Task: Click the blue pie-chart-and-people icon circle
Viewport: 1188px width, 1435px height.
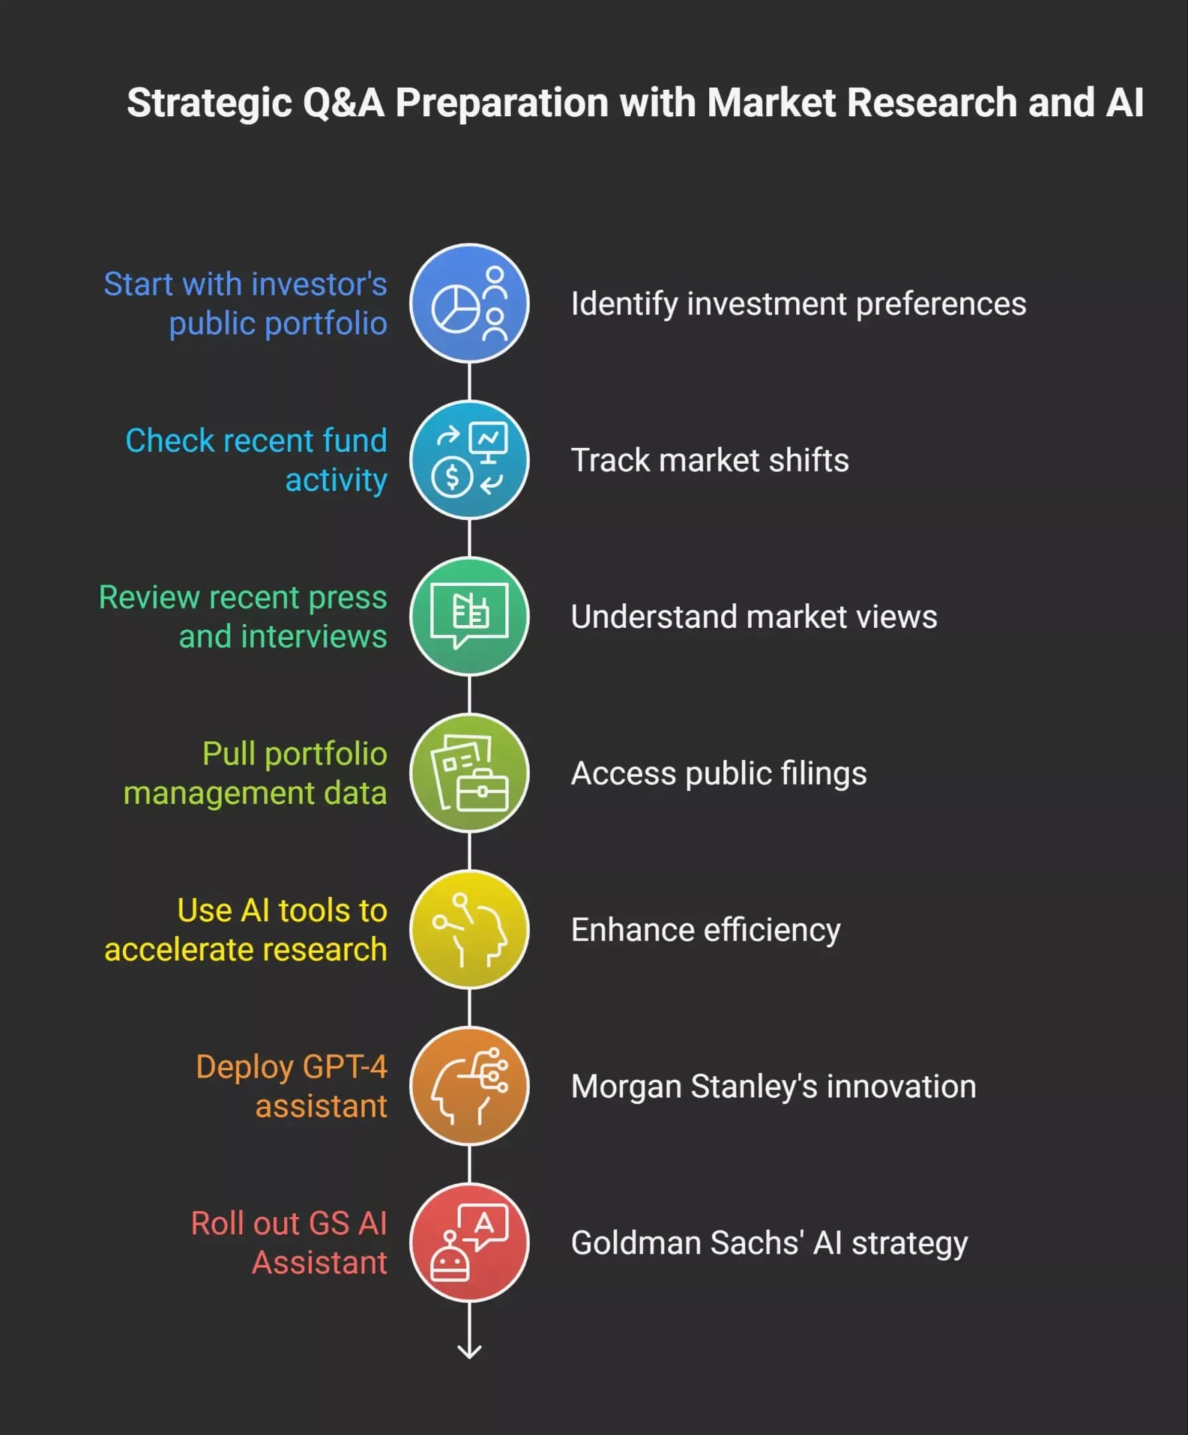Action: pos(469,304)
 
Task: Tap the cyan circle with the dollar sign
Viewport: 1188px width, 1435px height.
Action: pos(469,460)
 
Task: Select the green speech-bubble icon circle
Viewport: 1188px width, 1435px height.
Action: pos(469,617)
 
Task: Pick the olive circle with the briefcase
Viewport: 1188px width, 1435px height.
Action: pos(469,773)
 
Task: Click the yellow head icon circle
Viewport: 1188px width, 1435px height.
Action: pos(469,929)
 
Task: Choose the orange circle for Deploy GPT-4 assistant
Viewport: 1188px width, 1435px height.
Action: pos(469,1086)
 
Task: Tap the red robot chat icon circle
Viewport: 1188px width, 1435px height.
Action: pos(469,1242)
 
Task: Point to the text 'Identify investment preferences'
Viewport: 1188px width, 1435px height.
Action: pos(799,304)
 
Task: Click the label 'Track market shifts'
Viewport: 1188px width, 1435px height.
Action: pos(710,460)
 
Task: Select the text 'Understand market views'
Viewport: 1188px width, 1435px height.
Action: pos(754,617)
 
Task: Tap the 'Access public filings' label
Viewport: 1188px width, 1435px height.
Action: pos(719,773)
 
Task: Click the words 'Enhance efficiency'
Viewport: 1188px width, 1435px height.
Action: pos(706,930)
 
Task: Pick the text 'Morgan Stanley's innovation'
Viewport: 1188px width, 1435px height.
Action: pos(774,1086)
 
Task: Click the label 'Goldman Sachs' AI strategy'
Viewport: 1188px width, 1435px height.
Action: pos(769,1243)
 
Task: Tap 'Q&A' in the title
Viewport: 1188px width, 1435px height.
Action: pos(343,102)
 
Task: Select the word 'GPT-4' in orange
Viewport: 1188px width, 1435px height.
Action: pos(345,1066)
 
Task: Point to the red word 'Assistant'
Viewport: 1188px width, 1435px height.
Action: pos(319,1262)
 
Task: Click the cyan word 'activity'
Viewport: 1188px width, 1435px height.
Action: pos(336,480)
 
